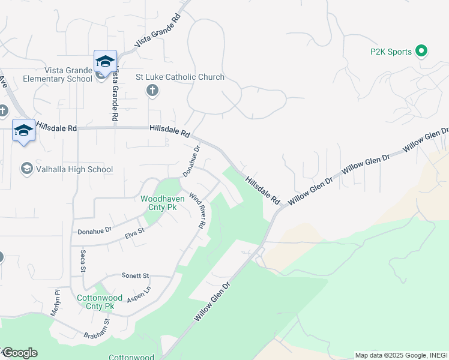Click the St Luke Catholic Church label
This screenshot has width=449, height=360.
tap(180, 77)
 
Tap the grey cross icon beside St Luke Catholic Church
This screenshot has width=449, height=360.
tap(152, 91)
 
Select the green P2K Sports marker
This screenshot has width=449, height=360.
tap(421, 52)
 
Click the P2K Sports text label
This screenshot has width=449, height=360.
tap(391, 52)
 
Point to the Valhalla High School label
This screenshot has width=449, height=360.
tap(74, 169)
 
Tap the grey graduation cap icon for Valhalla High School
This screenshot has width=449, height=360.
tap(27, 169)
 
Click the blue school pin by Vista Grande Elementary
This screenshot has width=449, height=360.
tap(105, 62)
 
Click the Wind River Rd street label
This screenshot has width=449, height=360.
tap(198, 210)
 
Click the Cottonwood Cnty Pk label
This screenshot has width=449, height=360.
tap(96, 302)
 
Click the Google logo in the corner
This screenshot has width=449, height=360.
tap(19, 353)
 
